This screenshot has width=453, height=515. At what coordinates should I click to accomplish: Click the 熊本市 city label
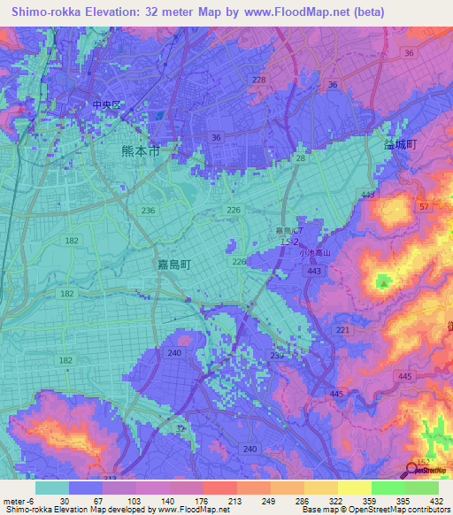click(141, 151)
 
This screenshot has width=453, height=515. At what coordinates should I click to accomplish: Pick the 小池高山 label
click(315, 251)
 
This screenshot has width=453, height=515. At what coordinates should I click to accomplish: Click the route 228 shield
click(258, 80)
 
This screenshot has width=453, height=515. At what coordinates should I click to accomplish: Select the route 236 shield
click(149, 210)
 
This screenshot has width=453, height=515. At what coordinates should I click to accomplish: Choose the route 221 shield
click(342, 330)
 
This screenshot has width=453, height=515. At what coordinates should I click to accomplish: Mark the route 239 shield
click(276, 356)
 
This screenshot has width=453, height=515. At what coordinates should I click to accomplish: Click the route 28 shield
click(301, 158)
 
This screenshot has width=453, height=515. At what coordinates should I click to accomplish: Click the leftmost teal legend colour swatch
click(52, 487)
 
